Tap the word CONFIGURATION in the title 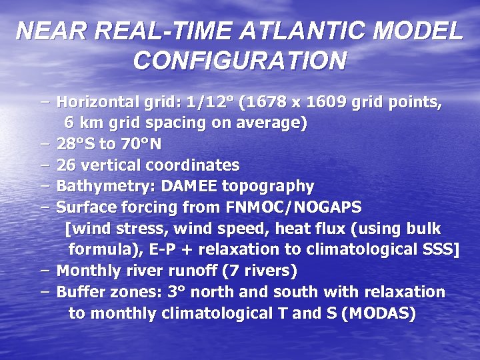(240, 61)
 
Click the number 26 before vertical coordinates (66, 165)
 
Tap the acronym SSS (437, 249)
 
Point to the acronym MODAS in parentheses (377, 313)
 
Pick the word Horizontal (99, 103)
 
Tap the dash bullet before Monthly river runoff (45, 271)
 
